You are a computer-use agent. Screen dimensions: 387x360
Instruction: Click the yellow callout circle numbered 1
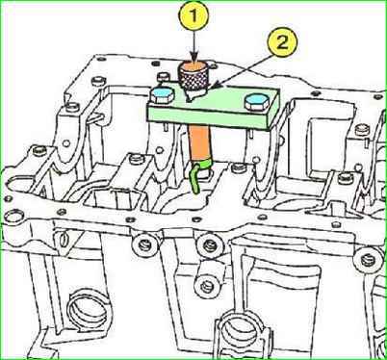pyautogui.click(x=193, y=14)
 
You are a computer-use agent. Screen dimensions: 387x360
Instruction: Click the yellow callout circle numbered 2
pyautogui.click(x=282, y=42)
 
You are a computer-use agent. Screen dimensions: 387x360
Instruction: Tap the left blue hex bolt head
pyautogui.click(x=162, y=95)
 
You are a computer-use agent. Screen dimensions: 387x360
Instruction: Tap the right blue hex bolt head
pyautogui.click(x=255, y=102)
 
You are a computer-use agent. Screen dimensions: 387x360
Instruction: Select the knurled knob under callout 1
pyautogui.click(x=193, y=77)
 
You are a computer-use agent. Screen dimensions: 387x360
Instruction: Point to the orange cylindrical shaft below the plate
pyautogui.click(x=199, y=141)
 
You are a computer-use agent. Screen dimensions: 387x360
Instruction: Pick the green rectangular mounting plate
pyautogui.click(x=214, y=106)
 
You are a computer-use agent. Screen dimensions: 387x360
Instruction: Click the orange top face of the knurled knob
pyautogui.click(x=193, y=67)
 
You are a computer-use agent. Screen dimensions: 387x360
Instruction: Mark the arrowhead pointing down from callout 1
pyautogui.click(x=193, y=59)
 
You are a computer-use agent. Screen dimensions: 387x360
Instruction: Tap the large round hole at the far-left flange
pyautogui.click(x=13, y=219)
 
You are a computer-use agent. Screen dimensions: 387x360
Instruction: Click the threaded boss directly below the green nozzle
pyautogui.click(x=208, y=244)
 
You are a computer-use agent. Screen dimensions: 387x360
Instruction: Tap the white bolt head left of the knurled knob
pyautogui.click(x=163, y=76)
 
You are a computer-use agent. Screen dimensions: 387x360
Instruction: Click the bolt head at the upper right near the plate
pyautogui.click(x=361, y=130)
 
